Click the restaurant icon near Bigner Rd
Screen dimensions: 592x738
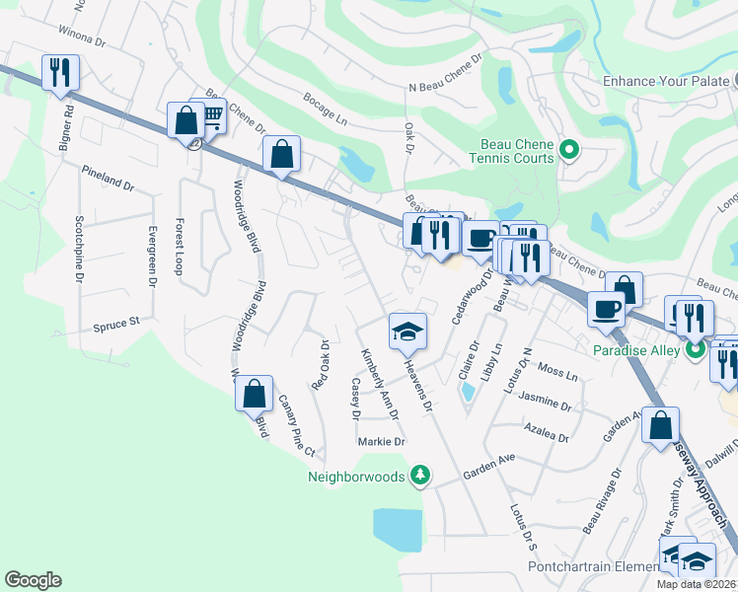pyautogui.click(x=61, y=73)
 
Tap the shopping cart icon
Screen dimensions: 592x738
pyautogui.click(x=208, y=117)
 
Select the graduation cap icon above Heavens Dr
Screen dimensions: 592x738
pyautogui.click(x=406, y=332)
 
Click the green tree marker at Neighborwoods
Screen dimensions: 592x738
pyautogui.click(x=420, y=476)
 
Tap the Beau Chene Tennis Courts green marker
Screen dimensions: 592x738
pyautogui.click(x=567, y=150)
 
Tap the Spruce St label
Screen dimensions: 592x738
pyautogui.click(x=116, y=322)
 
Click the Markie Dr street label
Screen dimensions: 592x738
pyautogui.click(x=382, y=441)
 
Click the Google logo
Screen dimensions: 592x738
pyautogui.click(x=33, y=580)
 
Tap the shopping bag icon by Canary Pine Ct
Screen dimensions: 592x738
pyautogui.click(x=255, y=394)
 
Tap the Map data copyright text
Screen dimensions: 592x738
pyautogui.click(x=696, y=584)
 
